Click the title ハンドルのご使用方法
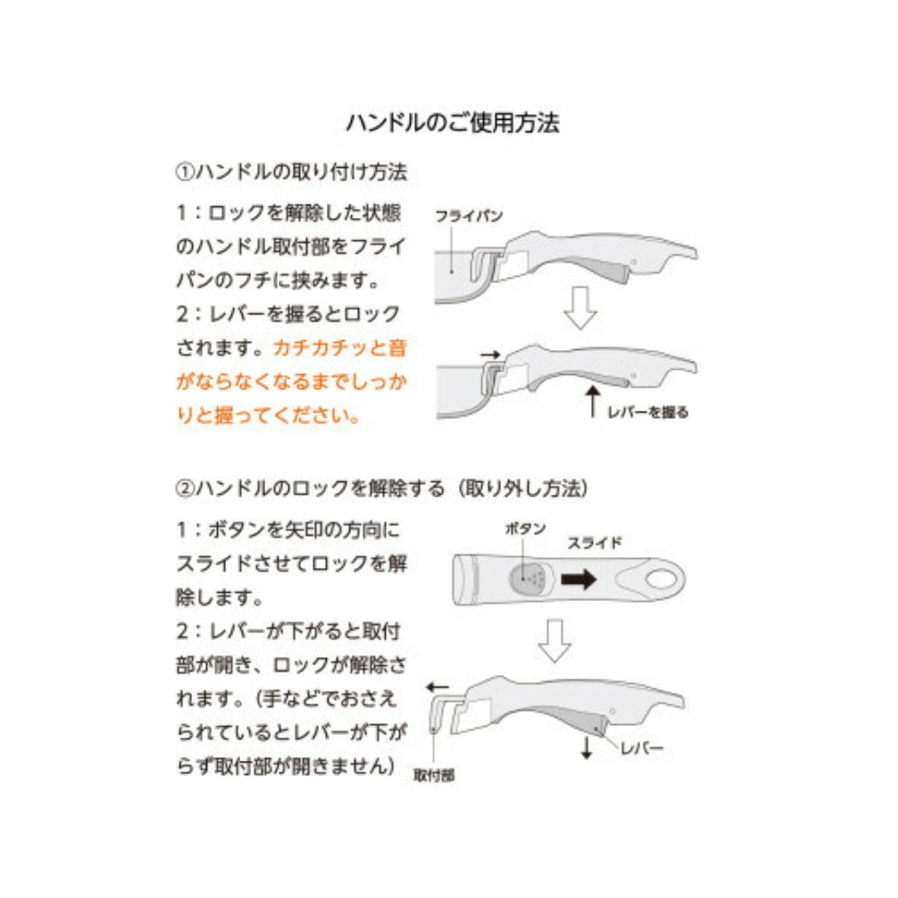pos(452,123)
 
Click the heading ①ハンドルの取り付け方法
pos(291,172)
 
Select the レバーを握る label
pos(649,412)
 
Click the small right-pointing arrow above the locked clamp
pos(490,354)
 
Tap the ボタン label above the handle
pos(525,529)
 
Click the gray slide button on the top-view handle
pos(527,576)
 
